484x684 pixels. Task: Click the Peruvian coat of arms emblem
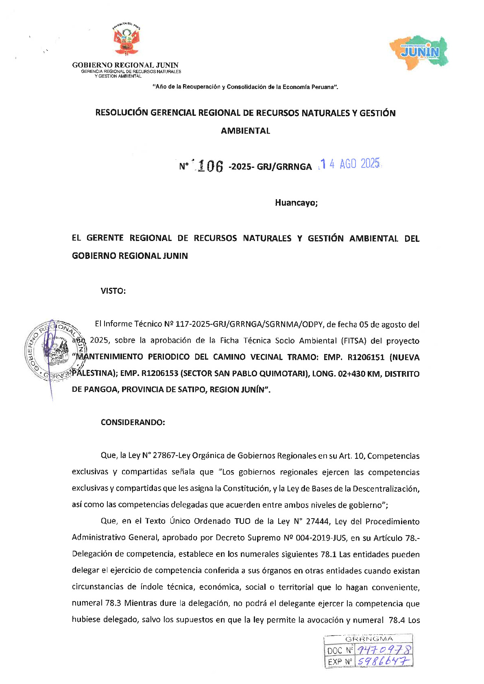[126, 40]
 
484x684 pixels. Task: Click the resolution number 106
[210, 166]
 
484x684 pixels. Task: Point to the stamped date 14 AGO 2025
[350, 164]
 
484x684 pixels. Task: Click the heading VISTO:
[113, 291]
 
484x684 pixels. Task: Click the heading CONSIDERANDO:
[133, 422]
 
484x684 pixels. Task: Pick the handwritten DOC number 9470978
[384, 650]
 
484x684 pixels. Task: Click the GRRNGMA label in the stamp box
[369, 639]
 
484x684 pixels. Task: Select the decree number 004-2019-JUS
[322, 538]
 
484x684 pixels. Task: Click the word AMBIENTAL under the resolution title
[245, 131]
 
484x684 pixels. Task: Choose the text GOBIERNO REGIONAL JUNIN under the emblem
[125, 65]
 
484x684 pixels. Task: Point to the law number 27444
[317, 521]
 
